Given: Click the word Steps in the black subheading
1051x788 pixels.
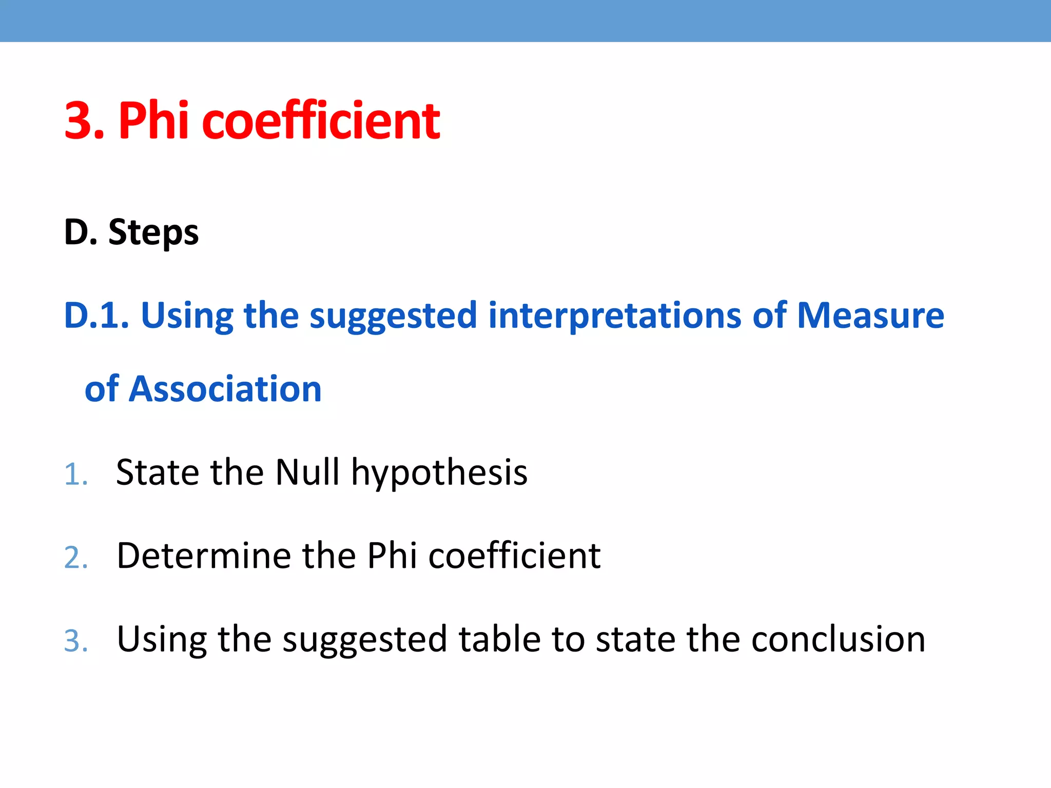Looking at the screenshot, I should [153, 232].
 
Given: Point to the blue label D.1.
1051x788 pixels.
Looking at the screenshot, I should [96, 315].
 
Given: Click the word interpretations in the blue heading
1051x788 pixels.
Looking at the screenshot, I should [615, 315].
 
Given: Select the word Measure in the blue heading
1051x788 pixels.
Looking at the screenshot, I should [870, 315].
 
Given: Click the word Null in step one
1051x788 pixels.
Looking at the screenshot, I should [307, 472].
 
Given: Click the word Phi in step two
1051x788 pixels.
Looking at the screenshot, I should [392, 556].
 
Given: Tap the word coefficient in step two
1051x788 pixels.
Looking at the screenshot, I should [514, 556].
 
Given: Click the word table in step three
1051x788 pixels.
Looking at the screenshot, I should [499, 639].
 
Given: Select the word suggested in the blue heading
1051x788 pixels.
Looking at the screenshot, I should [394, 316].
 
